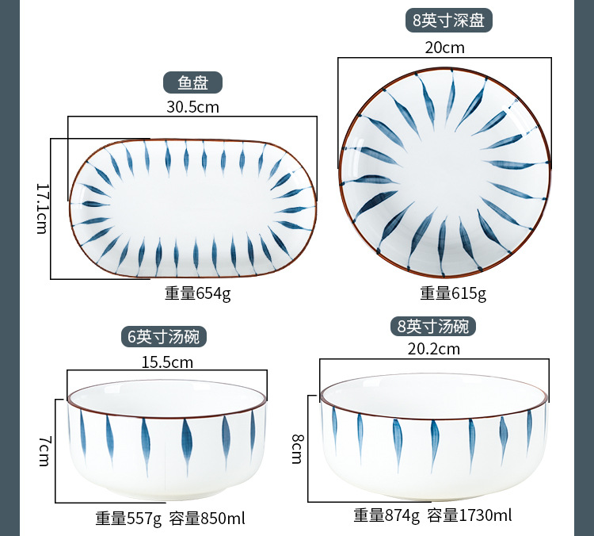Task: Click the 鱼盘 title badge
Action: click(192, 82)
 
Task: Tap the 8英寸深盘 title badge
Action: click(448, 20)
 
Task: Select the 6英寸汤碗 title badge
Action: click(164, 336)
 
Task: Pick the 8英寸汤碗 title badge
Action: click(433, 326)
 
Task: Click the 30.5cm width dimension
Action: click(192, 107)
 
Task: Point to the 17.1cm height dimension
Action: click(43, 209)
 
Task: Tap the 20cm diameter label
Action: click(444, 48)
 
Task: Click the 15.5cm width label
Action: click(167, 362)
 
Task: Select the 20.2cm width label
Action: click(434, 349)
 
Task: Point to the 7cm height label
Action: click(44, 450)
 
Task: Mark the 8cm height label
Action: click(297, 449)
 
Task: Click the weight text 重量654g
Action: click(197, 293)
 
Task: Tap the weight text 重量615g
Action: click(453, 293)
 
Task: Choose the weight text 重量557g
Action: click(128, 519)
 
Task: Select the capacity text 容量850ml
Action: click(207, 519)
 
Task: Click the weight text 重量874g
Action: click(386, 515)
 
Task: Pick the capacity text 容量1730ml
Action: click(470, 515)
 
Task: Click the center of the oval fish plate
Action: click(192, 209)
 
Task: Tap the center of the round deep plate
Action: click(445, 173)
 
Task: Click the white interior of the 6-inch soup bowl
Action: click(167, 398)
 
